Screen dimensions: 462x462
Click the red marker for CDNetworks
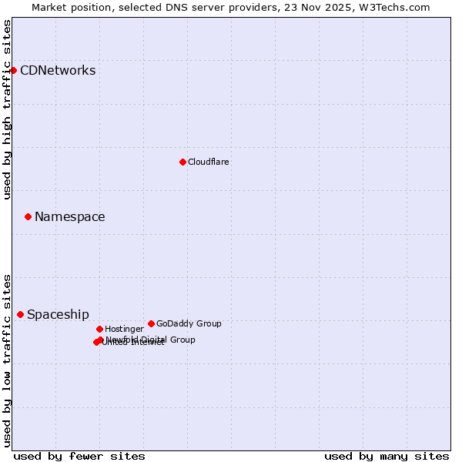tap(13, 70)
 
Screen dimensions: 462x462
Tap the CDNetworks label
tap(58, 71)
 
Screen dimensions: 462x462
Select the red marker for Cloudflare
tap(182, 162)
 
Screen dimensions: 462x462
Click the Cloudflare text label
tap(208, 162)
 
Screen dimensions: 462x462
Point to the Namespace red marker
tap(28, 216)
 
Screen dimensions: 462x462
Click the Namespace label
tap(69, 217)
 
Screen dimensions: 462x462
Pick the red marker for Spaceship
tap(20, 314)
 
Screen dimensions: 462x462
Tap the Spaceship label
tap(58, 315)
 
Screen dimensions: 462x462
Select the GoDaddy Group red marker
tap(151, 323)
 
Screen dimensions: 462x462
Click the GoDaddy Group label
tap(189, 323)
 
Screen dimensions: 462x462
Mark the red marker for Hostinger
tap(99, 329)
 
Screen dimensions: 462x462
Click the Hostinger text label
tap(124, 329)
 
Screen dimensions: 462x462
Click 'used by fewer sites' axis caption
tap(79, 457)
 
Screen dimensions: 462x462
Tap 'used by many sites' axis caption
tap(387, 457)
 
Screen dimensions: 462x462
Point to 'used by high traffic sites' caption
tap(8, 109)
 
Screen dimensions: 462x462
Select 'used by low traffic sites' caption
tap(8, 360)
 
